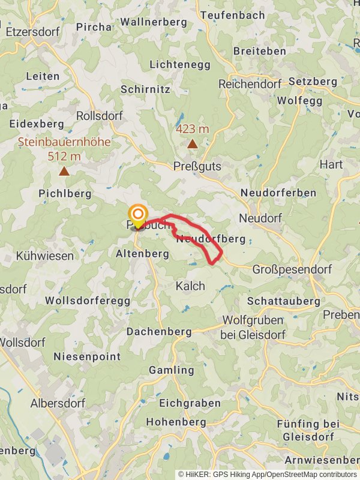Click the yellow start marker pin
coord(139,215)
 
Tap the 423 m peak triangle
coord(192,144)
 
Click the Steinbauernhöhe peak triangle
coord(64,172)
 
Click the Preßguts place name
coord(197,166)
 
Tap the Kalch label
coord(190,286)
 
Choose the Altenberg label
coord(142,254)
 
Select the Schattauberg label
coord(283,301)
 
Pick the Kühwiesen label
coord(44,256)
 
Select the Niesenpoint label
coord(87,356)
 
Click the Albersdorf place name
coord(58,403)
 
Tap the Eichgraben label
coord(182,403)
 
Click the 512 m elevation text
coord(64,157)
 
